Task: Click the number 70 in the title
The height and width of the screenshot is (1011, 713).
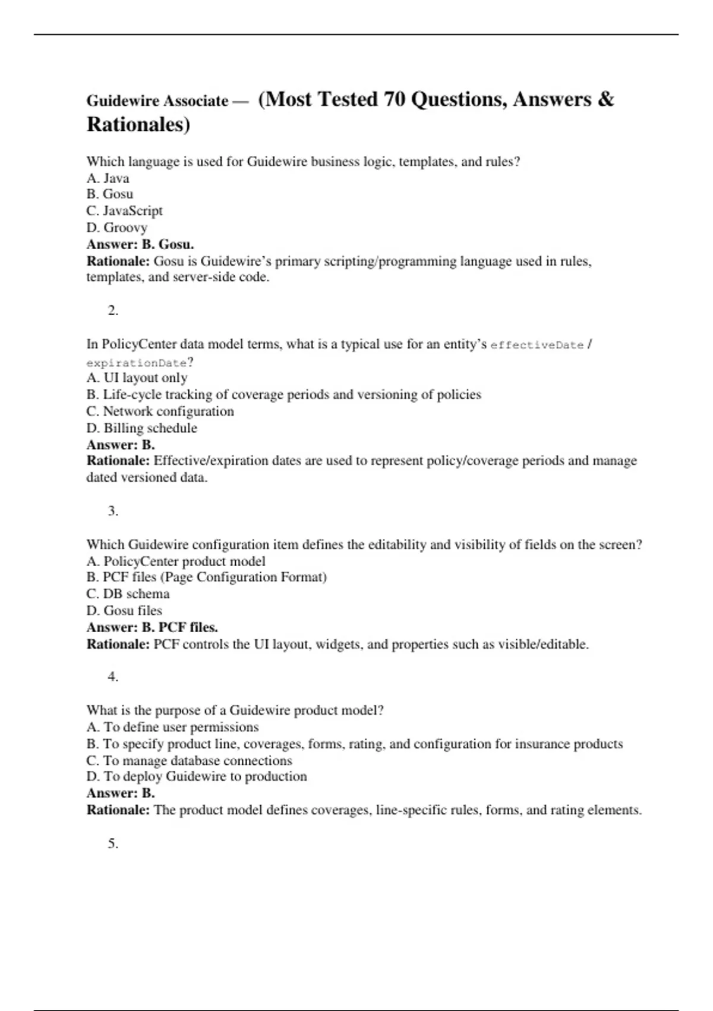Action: [x=395, y=99]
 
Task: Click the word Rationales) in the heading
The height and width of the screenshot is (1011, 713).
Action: [x=138, y=125]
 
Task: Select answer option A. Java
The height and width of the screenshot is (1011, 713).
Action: [x=108, y=178]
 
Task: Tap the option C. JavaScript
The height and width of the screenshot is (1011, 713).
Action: [x=124, y=211]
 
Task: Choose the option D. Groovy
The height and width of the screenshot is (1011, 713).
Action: [x=116, y=228]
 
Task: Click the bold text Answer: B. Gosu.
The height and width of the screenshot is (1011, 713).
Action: [x=140, y=244]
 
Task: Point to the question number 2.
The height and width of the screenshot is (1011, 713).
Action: [x=113, y=310]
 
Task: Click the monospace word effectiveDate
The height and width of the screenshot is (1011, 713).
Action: [x=537, y=346]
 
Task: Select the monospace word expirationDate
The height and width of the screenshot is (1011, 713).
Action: [x=137, y=363]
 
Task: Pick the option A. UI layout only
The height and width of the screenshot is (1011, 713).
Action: [x=137, y=378]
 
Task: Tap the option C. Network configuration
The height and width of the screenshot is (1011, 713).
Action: [x=160, y=412]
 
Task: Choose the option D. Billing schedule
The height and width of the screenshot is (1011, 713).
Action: [x=141, y=428]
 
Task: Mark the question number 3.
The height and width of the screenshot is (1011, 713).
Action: [x=113, y=511]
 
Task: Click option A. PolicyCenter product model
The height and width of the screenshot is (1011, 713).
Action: [x=176, y=561]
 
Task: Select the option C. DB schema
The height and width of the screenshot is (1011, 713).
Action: [x=128, y=594]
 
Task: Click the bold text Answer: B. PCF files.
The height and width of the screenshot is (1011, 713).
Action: [x=152, y=627]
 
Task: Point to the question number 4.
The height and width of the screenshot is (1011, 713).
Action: [x=113, y=677]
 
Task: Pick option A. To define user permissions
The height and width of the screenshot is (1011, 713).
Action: [x=172, y=727]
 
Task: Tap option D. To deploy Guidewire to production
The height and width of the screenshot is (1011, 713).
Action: [x=197, y=777]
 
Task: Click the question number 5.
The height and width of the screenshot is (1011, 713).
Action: [x=113, y=843]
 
